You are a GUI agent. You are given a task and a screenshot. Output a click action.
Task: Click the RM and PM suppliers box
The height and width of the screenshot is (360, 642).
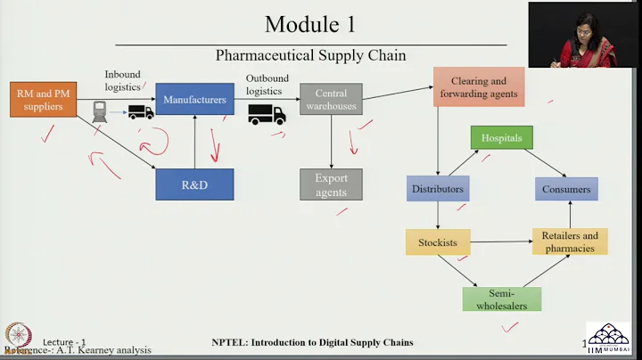coord(44,100)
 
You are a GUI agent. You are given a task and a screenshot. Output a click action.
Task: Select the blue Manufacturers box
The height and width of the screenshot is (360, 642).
coord(194,100)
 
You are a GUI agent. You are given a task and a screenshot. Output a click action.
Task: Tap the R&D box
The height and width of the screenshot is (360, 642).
coord(194,184)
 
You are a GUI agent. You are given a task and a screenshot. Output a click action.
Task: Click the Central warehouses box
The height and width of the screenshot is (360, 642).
coord(331,100)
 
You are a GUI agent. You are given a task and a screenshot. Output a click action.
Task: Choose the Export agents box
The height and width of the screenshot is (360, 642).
coord(331,184)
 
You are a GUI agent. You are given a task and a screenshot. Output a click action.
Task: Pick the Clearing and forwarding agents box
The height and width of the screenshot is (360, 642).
coord(479,87)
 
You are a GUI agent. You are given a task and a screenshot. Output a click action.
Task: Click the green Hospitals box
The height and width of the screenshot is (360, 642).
coord(502,138)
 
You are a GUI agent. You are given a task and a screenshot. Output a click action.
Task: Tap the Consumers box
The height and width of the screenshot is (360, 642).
coord(566,189)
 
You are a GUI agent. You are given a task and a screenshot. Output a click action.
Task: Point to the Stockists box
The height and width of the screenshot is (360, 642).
coord(438,241)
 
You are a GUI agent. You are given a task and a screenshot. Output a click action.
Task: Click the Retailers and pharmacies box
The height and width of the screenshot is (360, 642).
coord(570,241)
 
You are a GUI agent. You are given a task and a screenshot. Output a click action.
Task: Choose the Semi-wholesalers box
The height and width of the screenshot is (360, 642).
coord(502,299)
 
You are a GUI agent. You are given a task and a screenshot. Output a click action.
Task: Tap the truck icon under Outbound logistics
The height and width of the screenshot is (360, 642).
coord(267,114)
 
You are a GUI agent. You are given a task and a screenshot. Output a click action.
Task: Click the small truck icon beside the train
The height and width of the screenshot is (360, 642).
coord(140,112)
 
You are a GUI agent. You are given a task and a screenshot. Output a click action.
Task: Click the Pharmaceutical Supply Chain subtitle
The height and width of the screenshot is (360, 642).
coord(310,55)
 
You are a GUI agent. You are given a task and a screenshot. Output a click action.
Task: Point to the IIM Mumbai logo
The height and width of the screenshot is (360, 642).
coord(612,340)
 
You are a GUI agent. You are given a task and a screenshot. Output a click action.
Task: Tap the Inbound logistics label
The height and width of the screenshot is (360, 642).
coord(122,80)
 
